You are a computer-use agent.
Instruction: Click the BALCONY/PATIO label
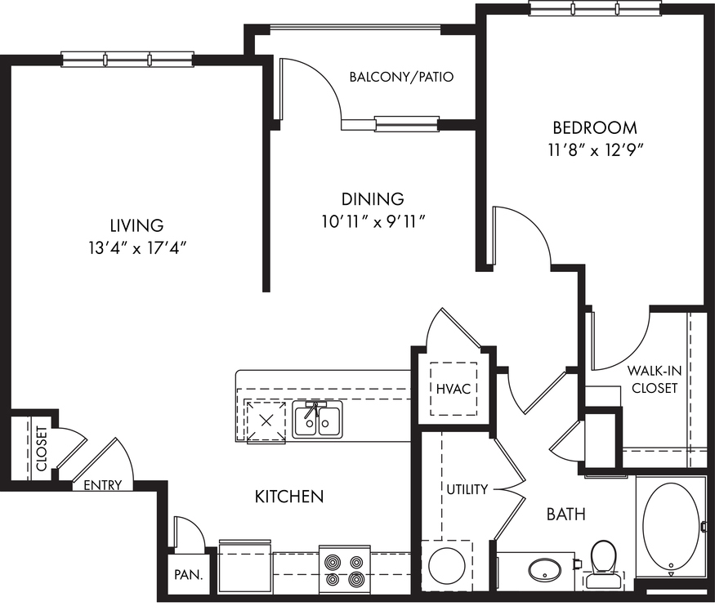[401, 77]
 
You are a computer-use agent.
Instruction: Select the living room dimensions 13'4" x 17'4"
[137, 248]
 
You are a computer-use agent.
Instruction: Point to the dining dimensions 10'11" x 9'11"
[373, 222]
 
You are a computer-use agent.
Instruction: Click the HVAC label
[454, 389]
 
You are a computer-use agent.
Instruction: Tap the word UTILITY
[467, 489]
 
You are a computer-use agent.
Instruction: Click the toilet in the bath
[602, 564]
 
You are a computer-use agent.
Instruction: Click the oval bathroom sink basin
[544, 570]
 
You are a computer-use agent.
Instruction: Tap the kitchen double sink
[317, 421]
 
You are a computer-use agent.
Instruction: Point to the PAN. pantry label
[188, 574]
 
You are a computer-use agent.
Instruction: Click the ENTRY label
[103, 485]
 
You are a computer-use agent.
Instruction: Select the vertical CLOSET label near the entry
[42, 448]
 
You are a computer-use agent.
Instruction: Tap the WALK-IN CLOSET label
[655, 379]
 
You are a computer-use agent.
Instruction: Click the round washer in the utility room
[447, 566]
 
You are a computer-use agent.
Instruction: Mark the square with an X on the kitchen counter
[266, 421]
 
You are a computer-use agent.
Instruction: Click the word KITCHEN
[289, 497]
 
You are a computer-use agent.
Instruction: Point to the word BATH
[566, 515]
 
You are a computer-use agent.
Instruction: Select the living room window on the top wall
[128, 60]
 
